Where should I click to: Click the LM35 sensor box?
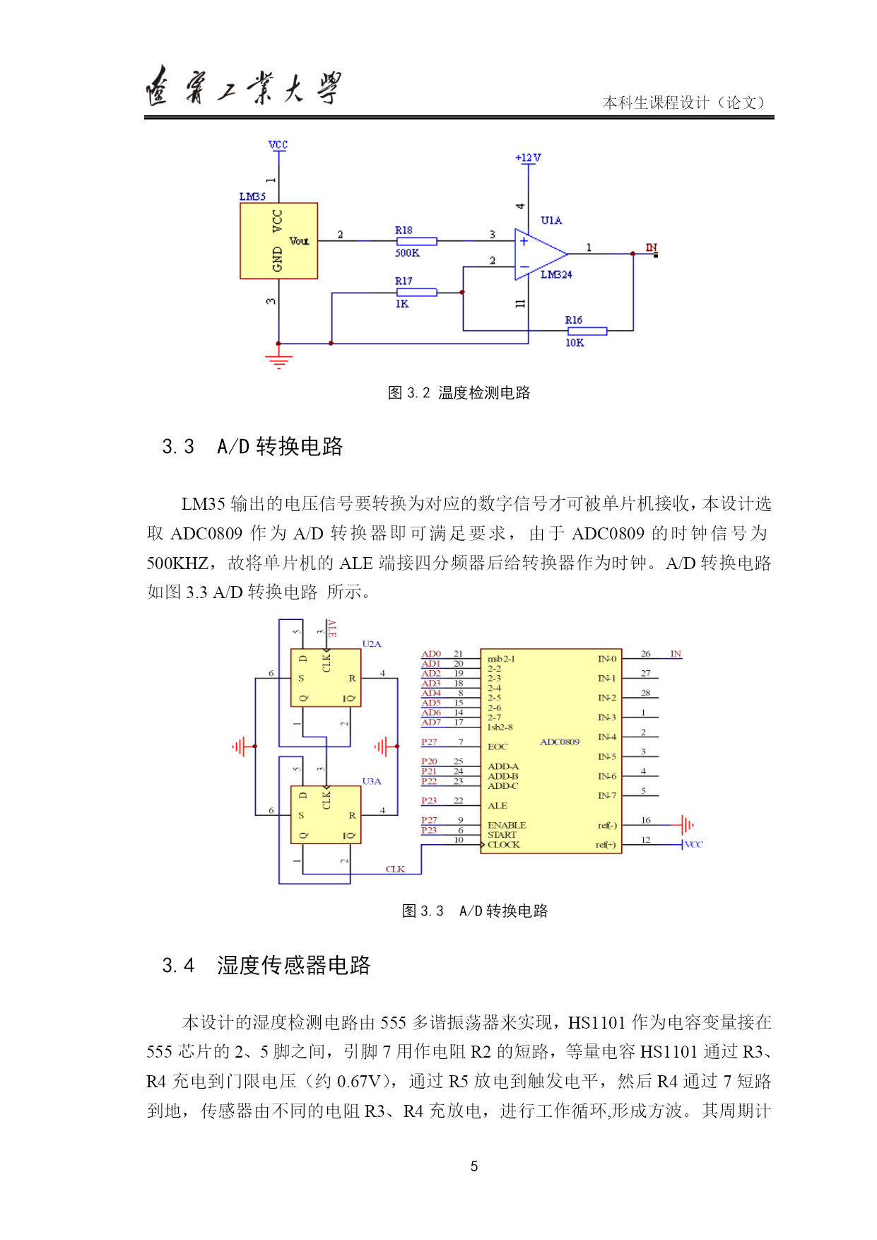tap(278, 241)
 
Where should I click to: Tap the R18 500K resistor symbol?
tap(416, 241)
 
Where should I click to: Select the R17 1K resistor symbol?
tap(416, 292)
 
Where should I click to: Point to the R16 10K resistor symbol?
tap(587, 331)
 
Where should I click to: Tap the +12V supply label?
tap(528, 158)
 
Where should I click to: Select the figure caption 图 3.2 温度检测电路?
tap(459, 393)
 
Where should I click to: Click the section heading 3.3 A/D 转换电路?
tap(252, 447)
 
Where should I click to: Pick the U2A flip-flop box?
tap(326, 678)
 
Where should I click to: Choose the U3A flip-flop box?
tap(326, 814)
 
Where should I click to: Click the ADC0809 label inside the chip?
tap(560, 742)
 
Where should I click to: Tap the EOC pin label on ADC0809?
tap(498, 747)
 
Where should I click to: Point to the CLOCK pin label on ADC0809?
tap(504, 845)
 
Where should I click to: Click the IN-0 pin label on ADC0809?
tap(607, 659)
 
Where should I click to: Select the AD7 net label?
tap(431, 723)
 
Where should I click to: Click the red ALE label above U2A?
tap(332, 629)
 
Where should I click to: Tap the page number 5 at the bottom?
tap(474, 1166)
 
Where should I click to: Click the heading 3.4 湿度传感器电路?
tap(266, 966)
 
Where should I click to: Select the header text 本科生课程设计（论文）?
tap(684, 103)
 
